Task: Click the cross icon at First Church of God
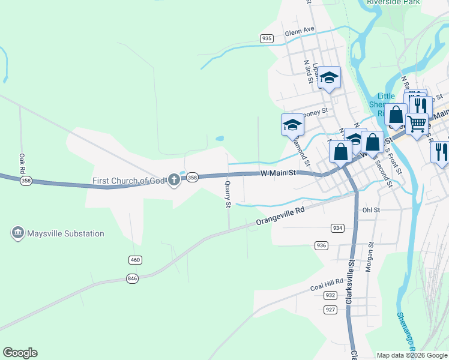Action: pos(174,179)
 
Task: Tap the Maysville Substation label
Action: pos(66,234)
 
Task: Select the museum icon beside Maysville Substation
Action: pos(17,233)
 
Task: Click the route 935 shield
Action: pos(267,38)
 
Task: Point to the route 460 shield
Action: pos(135,259)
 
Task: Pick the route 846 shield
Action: pos(133,278)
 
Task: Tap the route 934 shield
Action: pos(337,228)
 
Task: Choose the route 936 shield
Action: pos(321,245)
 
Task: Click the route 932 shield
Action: pos(330,295)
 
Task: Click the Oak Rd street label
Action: pos(22,161)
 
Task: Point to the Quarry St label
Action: pos(228,195)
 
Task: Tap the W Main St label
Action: pos(279,173)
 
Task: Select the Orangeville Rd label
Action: pos(280,217)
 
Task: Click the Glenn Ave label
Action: pos(300,31)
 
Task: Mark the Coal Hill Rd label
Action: pos(327,284)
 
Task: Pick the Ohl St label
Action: pos(371,210)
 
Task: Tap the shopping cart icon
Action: pos(417,124)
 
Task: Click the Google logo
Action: pos(20,353)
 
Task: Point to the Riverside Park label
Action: pos(394,2)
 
